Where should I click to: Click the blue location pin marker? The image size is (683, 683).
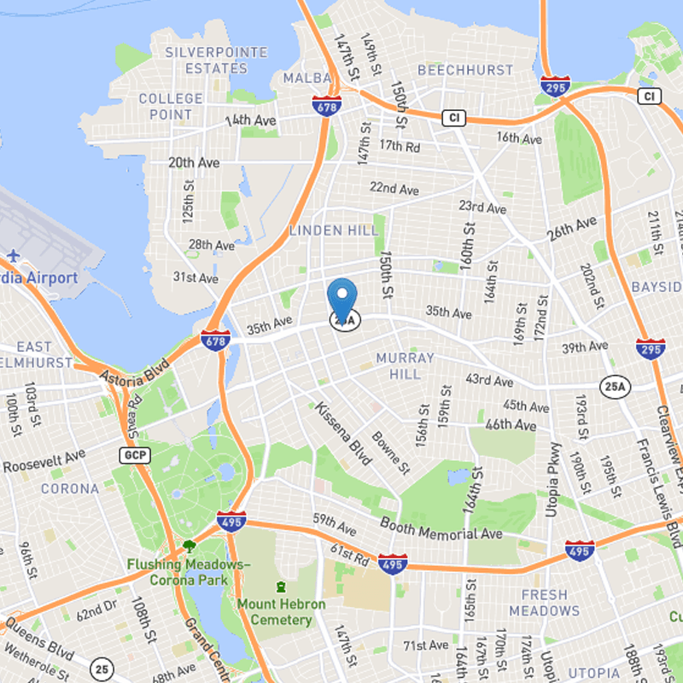pos(342,299)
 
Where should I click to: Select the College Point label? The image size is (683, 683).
pos(171,107)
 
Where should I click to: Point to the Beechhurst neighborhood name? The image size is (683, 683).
pos(457,70)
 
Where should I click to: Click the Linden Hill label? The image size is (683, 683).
pos(334,231)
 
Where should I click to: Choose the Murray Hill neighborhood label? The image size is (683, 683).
pos(406,366)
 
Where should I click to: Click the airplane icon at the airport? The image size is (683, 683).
pos(15,255)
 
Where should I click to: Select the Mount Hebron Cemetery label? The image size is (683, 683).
pos(281,612)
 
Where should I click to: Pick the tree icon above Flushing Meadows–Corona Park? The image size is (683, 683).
pos(189,546)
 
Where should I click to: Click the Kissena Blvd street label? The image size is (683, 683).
pos(344,434)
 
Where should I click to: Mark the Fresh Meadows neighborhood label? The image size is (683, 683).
pos(544,603)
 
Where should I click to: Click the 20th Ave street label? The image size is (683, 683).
pos(194,162)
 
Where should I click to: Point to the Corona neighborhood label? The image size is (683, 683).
pos(70,489)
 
